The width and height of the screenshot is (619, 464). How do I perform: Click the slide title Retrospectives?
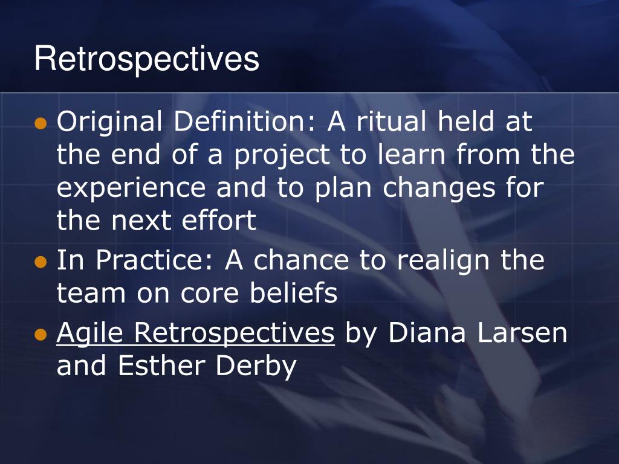click(146, 59)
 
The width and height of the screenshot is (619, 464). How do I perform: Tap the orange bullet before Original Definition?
click(41, 123)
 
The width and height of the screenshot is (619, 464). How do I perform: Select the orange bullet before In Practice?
click(41, 262)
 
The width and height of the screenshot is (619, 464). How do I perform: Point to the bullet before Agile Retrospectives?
click(41, 335)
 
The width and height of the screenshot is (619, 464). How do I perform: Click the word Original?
click(109, 122)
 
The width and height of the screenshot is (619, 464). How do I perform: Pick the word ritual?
click(391, 121)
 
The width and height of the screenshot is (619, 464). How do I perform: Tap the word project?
click(282, 155)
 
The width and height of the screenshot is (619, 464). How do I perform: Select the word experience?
click(131, 188)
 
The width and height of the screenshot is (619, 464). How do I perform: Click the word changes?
click(439, 188)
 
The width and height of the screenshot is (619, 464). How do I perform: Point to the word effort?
click(219, 220)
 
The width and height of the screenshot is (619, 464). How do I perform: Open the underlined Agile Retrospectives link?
click(195, 333)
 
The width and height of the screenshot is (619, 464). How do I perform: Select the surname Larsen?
click(522, 333)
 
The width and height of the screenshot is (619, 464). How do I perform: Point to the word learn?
click(411, 154)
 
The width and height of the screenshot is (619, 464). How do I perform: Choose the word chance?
click(301, 260)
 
